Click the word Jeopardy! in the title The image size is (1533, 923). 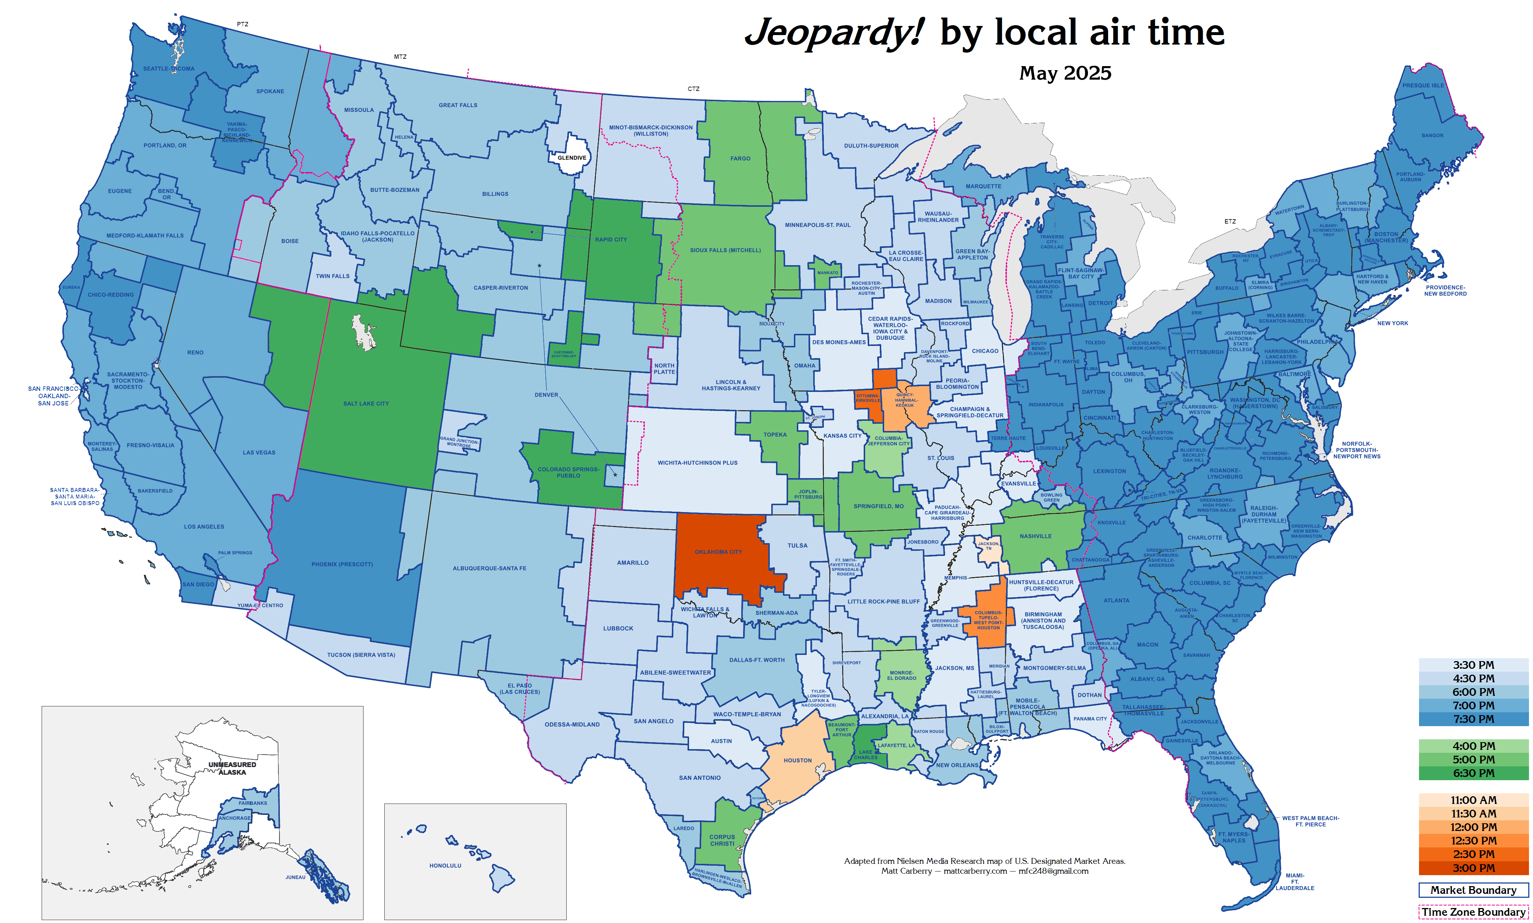(x=834, y=33)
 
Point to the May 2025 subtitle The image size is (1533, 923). (x=1065, y=73)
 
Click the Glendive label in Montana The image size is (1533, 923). (x=571, y=157)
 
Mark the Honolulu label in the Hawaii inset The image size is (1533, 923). (x=445, y=865)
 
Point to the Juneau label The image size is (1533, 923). (x=296, y=877)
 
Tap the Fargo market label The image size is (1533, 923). (x=740, y=159)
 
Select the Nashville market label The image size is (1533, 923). (x=1035, y=536)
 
